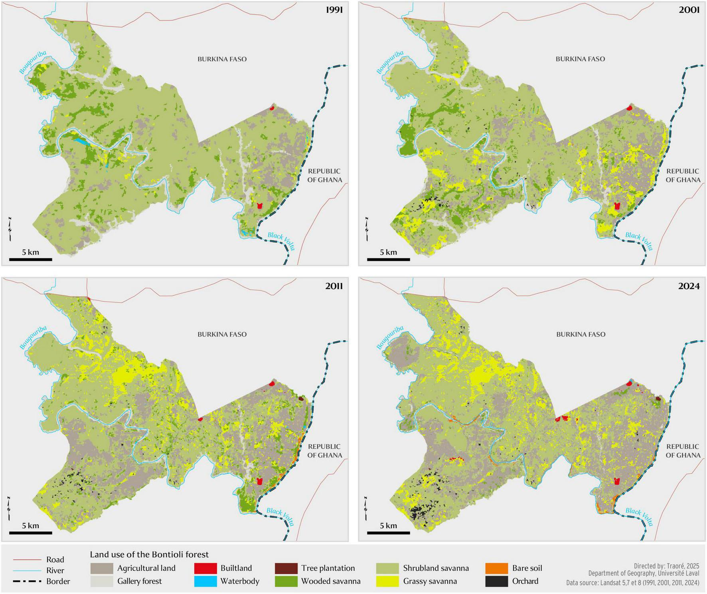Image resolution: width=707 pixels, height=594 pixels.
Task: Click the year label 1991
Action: (334, 10)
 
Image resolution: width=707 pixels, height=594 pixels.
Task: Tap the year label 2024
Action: (689, 286)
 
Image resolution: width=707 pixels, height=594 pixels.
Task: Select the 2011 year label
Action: (334, 286)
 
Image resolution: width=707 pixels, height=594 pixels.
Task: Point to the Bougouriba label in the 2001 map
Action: (390, 62)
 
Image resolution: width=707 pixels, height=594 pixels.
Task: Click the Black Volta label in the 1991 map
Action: (281, 241)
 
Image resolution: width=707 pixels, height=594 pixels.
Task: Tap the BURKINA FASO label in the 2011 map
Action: (222, 334)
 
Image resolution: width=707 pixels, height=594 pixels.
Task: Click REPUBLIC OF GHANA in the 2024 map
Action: (683, 451)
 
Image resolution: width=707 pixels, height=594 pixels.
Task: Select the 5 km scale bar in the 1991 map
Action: (30, 259)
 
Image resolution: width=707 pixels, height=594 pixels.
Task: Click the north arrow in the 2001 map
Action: (366, 229)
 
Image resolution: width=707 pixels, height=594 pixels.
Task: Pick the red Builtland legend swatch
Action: (205, 568)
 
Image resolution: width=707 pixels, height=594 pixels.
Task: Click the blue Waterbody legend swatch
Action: (205, 581)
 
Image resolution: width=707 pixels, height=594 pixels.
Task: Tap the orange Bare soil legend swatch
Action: (496, 568)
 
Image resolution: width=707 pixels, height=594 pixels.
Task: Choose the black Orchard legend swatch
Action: (496, 581)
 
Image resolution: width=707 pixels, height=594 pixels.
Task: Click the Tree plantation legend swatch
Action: (286, 568)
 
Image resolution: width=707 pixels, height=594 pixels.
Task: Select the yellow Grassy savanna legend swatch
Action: (387, 581)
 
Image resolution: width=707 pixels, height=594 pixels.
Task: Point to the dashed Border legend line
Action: (27, 581)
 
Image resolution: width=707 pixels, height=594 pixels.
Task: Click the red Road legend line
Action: (27, 560)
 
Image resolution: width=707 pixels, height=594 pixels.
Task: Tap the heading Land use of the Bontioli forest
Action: (149, 555)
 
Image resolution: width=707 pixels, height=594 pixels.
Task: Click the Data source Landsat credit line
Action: (632, 583)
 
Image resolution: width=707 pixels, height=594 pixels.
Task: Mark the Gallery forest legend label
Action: (139, 581)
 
